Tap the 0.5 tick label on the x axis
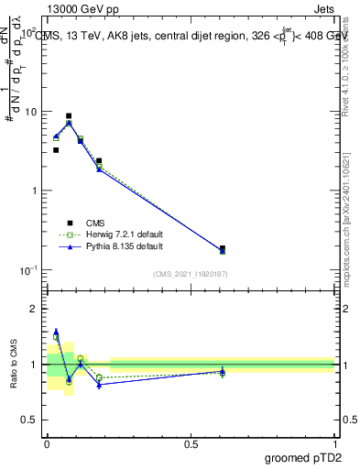191,443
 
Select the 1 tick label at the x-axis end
334,443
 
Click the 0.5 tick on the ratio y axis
31,420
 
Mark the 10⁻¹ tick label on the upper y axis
29,270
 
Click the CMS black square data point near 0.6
223,248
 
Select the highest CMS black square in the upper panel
69,116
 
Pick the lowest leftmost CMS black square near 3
56,150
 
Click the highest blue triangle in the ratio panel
56,332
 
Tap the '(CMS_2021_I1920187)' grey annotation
191,274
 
